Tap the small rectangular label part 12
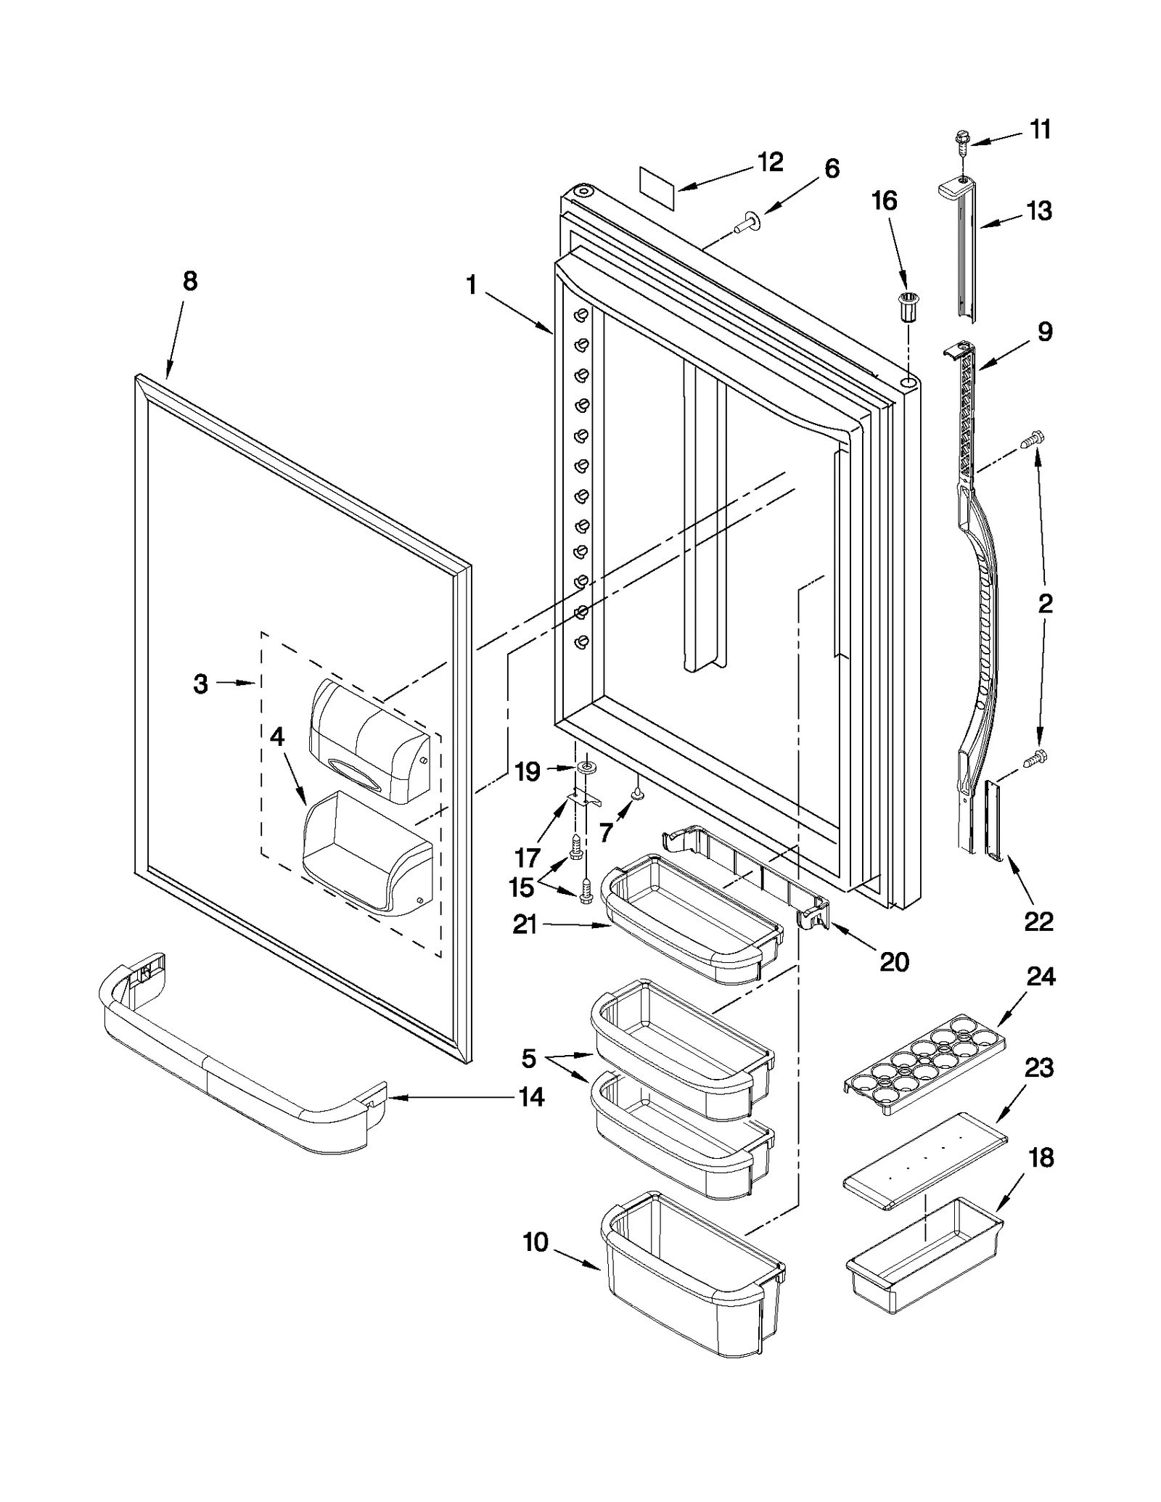click(x=657, y=189)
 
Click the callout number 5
click(x=529, y=1059)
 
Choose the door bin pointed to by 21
click(x=689, y=922)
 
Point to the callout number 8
click(x=189, y=282)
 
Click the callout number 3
click(x=201, y=684)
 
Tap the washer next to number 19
click(x=585, y=768)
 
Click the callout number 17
click(x=528, y=858)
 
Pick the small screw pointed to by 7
click(x=638, y=795)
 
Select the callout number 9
click(x=1044, y=332)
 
